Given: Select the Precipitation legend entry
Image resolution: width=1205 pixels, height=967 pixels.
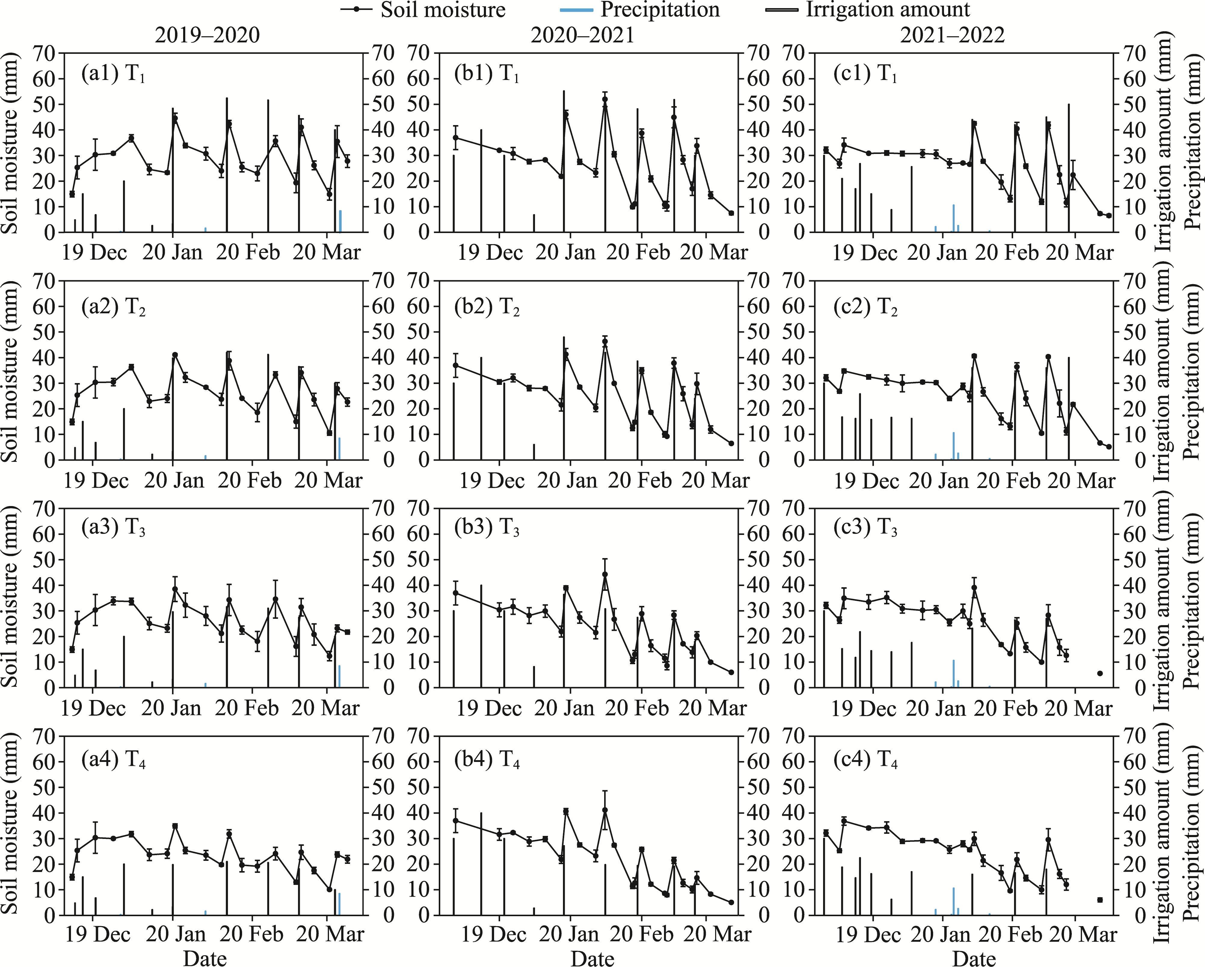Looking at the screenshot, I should point(659,10).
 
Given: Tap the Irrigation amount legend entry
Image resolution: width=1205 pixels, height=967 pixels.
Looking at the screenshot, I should point(887,10).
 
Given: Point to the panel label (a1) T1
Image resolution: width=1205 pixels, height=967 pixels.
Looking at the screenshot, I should point(113,74).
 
